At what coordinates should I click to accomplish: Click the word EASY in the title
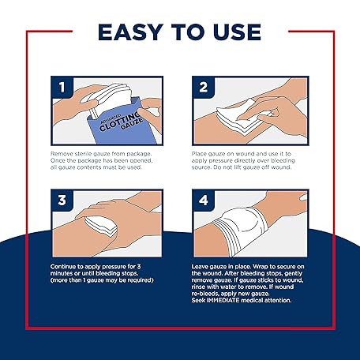(129, 32)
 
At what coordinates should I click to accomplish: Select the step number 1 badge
(62, 88)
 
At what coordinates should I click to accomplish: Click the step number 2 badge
(203, 88)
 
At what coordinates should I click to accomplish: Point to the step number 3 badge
(62, 201)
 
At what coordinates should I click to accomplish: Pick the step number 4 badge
(203, 201)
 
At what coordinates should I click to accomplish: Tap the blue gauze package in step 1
(118, 122)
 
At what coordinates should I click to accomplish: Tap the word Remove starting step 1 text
(60, 154)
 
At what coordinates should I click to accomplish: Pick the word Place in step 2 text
(199, 154)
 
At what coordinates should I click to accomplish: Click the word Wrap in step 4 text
(260, 267)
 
